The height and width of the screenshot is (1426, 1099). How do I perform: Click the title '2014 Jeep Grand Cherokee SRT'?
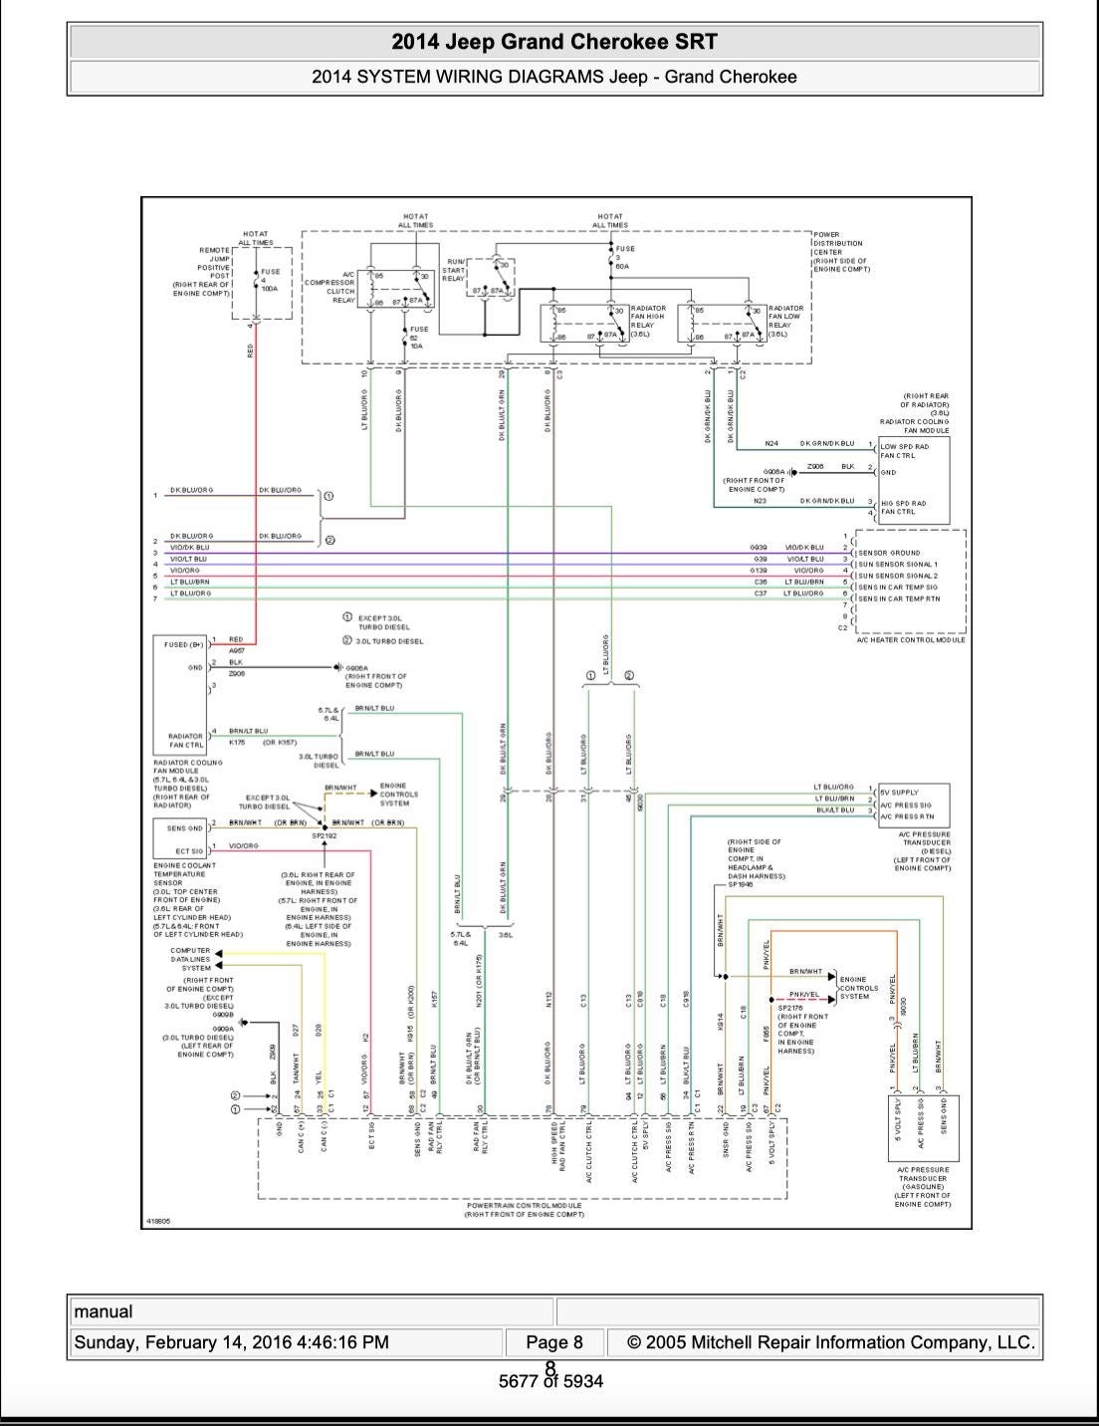pyautogui.click(x=554, y=42)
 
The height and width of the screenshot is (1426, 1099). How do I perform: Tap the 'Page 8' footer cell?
pyautogui.click(x=554, y=1342)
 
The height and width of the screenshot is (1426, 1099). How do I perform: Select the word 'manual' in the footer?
pyautogui.click(x=104, y=1311)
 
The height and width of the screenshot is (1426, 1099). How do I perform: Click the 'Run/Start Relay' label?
pyautogui.click(x=453, y=270)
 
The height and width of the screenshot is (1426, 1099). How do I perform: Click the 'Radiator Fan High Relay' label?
pyautogui.click(x=648, y=321)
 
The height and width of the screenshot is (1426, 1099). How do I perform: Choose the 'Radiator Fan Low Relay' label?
pyautogui.click(x=785, y=321)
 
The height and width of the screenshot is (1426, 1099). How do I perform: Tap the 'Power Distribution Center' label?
pyautogui.click(x=839, y=253)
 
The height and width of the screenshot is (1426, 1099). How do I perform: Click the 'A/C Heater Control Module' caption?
pyautogui.click(x=911, y=640)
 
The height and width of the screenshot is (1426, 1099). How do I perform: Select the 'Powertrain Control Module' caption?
pyautogui.click(x=524, y=1209)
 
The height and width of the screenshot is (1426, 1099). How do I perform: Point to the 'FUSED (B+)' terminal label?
pyautogui.click(x=183, y=645)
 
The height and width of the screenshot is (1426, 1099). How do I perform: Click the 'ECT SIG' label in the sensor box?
pyautogui.click(x=189, y=851)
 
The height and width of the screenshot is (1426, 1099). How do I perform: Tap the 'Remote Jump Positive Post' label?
pyautogui.click(x=208, y=271)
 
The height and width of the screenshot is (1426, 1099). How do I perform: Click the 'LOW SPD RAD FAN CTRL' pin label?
pyautogui.click(x=905, y=451)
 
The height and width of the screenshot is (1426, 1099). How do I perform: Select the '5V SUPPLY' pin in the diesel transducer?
pyautogui.click(x=899, y=793)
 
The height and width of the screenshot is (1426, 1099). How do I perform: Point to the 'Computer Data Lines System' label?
pyautogui.click(x=190, y=959)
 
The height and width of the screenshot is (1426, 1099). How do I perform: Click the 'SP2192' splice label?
pyautogui.click(x=325, y=836)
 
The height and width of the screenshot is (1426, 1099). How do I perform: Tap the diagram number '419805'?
pyautogui.click(x=158, y=1220)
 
